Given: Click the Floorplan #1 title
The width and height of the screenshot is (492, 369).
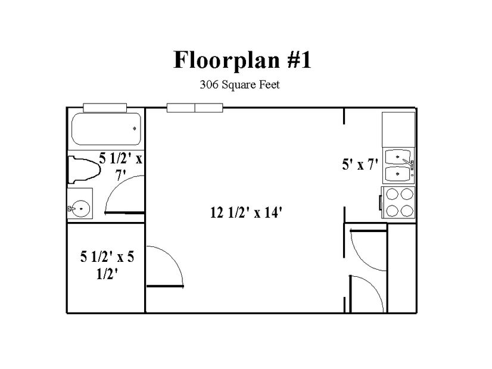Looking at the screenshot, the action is pyautogui.click(x=242, y=60).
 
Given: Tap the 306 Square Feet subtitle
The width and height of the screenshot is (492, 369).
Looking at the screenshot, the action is pyautogui.click(x=239, y=85).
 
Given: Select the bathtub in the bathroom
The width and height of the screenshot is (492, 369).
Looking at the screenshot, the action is pyautogui.click(x=106, y=129).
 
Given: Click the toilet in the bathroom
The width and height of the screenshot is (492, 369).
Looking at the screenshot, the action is pyautogui.click(x=84, y=170).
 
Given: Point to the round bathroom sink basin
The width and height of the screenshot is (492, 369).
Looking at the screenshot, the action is pyautogui.click(x=81, y=208).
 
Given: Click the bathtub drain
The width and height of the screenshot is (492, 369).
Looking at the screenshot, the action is pyautogui.click(x=135, y=128).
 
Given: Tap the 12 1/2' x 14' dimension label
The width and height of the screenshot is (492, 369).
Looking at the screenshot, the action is pyautogui.click(x=247, y=212).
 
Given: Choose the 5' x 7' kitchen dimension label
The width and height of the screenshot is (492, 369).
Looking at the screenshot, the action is pyautogui.click(x=360, y=164).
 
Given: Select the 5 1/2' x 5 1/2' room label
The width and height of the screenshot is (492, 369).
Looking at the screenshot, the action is pyautogui.click(x=107, y=265).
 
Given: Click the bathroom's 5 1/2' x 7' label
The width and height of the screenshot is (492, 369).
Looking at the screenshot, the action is pyautogui.click(x=120, y=166).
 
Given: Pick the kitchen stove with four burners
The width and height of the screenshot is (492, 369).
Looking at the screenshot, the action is pyautogui.click(x=398, y=202).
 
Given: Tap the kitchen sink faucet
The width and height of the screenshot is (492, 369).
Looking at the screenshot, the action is pyautogui.click(x=409, y=163).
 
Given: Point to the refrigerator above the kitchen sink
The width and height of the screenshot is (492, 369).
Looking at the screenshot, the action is pyautogui.click(x=398, y=130).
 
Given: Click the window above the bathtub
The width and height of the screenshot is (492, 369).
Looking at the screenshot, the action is pyautogui.click(x=105, y=108).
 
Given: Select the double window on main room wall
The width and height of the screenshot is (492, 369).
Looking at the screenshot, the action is pyautogui.click(x=195, y=108).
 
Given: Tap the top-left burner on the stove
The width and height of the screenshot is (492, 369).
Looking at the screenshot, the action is pyautogui.click(x=392, y=195).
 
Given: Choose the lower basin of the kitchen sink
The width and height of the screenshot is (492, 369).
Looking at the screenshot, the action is pyautogui.click(x=397, y=173).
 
